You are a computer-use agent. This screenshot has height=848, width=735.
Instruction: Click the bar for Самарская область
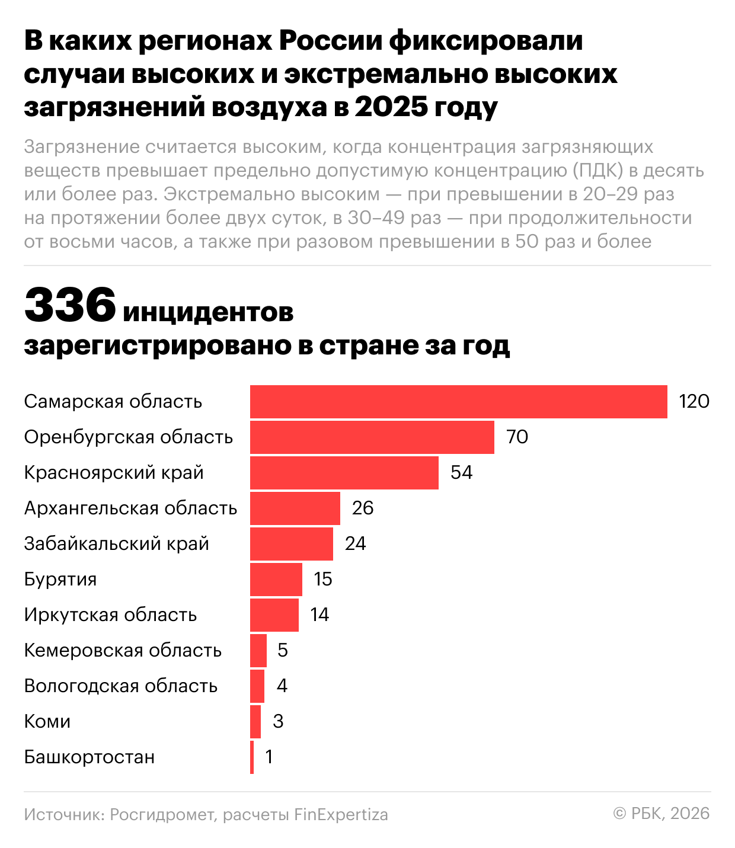pyautogui.click(x=458, y=402)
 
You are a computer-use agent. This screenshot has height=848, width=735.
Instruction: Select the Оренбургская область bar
pyautogui.click(x=372, y=437)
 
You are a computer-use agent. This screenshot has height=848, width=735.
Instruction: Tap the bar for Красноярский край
pyautogui.click(x=344, y=473)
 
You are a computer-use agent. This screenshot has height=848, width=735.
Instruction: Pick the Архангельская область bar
pyautogui.click(x=295, y=508)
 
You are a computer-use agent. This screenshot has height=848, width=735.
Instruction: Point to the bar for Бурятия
pyautogui.click(x=276, y=580)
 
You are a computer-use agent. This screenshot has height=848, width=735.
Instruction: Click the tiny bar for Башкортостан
pyautogui.click(x=252, y=757)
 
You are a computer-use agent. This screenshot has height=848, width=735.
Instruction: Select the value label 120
pyautogui.click(x=694, y=402)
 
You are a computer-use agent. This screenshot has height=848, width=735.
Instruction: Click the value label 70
pyautogui.click(x=517, y=437)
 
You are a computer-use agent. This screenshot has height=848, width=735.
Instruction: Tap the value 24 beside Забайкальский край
pyautogui.click(x=356, y=544)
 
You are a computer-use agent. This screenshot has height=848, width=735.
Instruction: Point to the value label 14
pyautogui.click(x=319, y=615)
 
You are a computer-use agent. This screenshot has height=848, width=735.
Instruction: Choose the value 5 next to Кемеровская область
pyautogui.click(x=283, y=651)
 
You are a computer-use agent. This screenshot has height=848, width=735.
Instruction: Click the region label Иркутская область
pyautogui.click(x=110, y=615)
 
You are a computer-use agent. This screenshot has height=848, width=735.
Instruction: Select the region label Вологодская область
pyautogui.click(x=121, y=686)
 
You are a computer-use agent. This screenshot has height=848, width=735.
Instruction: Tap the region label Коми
pyautogui.click(x=47, y=722)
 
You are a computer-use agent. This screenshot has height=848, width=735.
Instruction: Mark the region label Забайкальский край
pyautogui.click(x=117, y=544)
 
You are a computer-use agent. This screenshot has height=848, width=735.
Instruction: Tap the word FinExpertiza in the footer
pyautogui.click(x=341, y=815)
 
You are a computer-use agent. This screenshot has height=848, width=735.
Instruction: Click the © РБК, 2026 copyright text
pyautogui.click(x=661, y=814)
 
